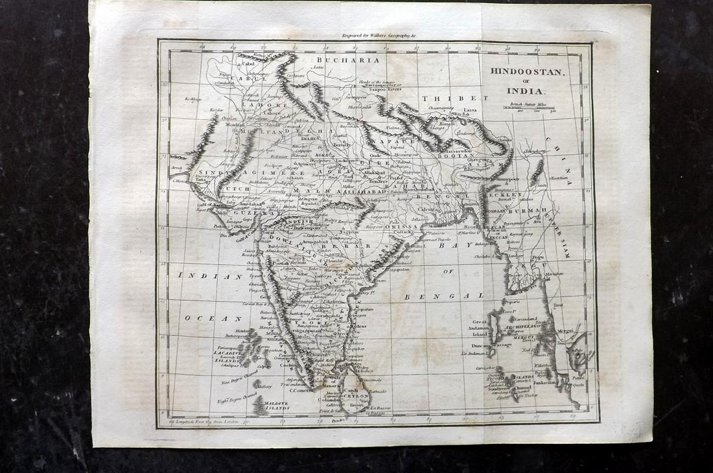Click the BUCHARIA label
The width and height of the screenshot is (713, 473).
(337, 60)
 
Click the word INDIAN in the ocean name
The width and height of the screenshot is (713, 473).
(200, 276)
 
